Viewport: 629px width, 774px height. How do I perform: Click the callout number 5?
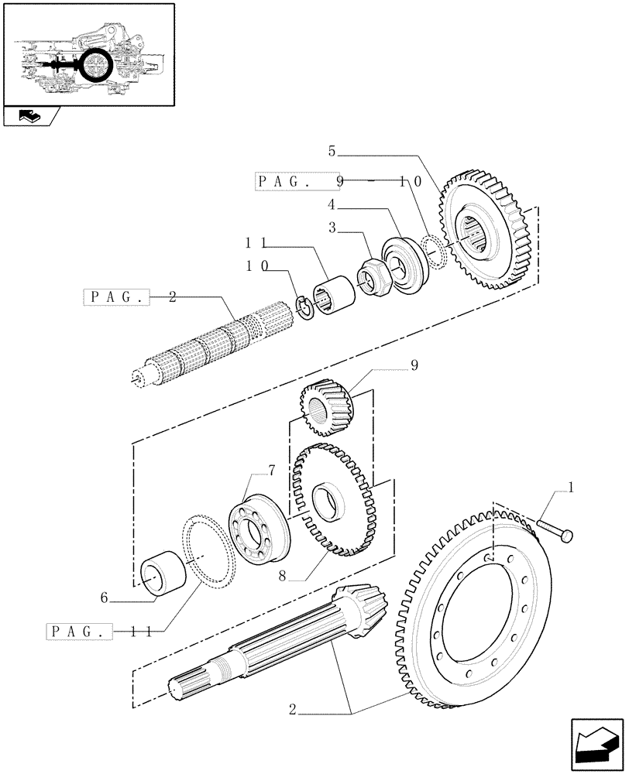[x=332, y=152]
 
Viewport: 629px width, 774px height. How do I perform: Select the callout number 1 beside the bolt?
[x=571, y=488]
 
